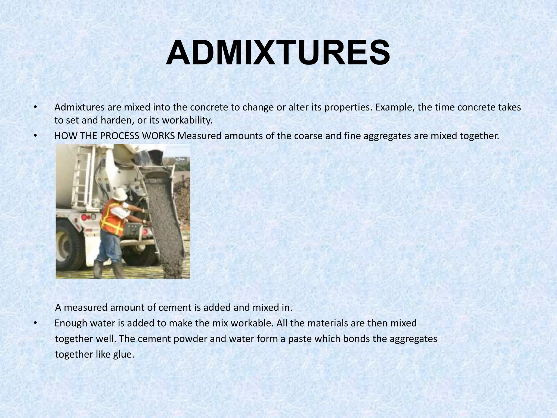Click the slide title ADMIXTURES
tap(278, 53)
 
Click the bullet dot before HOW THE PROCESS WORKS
tap(35, 136)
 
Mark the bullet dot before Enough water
tap(35, 323)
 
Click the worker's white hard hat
tap(120, 193)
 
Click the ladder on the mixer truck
tap(82, 177)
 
